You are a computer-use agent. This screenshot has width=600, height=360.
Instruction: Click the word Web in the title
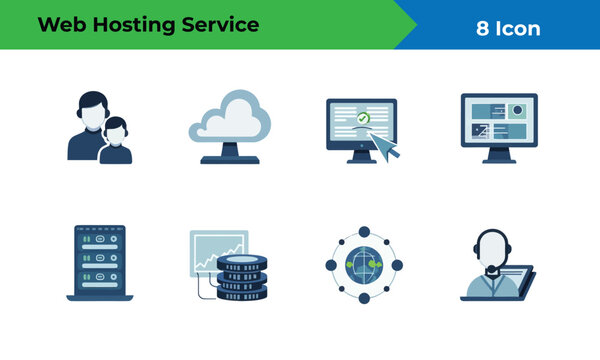point(61,25)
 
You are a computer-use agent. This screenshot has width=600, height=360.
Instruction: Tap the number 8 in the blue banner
point(482,28)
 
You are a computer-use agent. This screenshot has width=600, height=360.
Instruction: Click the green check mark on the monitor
point(364,117)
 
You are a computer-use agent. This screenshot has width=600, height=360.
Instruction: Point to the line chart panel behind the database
point(218,250)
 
